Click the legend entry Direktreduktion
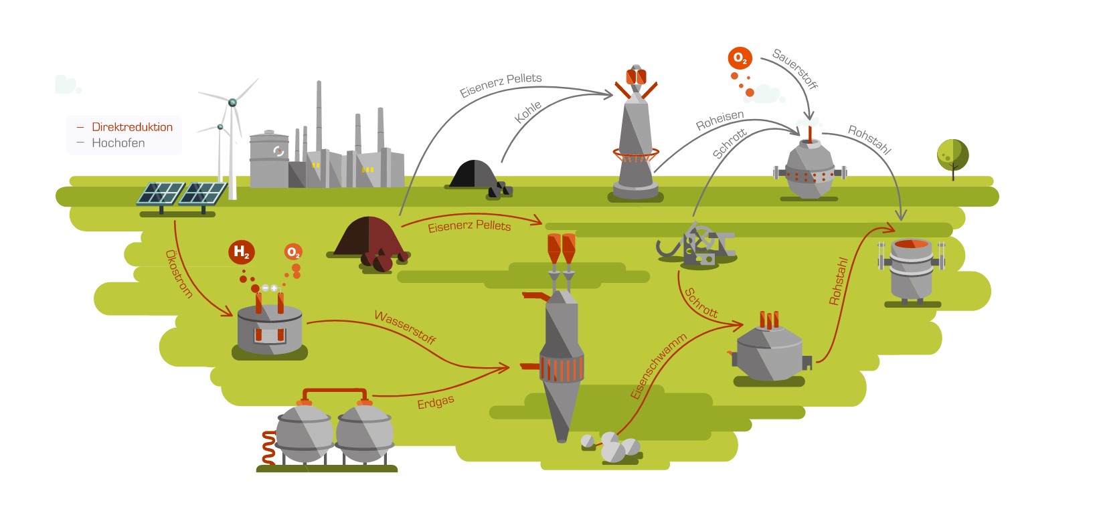coord(132,127)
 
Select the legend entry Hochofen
coord(118,143)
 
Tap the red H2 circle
coord(241,251)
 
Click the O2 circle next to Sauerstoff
coord(740,58)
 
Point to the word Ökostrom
coord(179,274)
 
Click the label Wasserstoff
coord(405,326)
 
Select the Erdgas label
coord(435,403)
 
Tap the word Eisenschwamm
coord(659,367)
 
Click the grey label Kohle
coord(527,112)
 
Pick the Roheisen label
coord(720,120)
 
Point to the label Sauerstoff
coord(795,68)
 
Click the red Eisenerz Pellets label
coord(469,226)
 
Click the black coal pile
coord(475,175)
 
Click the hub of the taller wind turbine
coord(232,102)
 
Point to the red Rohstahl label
coord(838,281)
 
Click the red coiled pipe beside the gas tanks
coord(268,447)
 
